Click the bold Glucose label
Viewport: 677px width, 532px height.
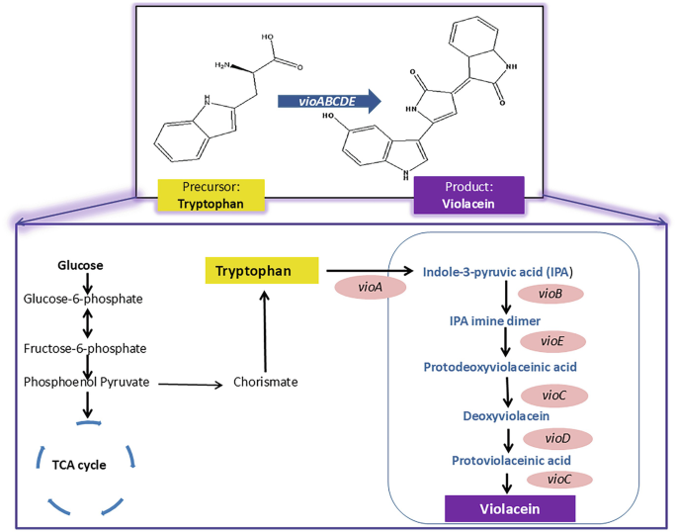[x=80, y=266]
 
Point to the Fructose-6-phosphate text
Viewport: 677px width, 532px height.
[x=86, y=348]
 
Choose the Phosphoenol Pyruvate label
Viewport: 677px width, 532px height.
[x=86, y=381]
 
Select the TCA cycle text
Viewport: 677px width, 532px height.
[x=80, y=463]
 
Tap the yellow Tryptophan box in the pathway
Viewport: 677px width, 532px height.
[x=261, y=269]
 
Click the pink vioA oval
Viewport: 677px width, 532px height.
[x=363, y=287]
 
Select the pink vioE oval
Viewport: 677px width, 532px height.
[x=550, y=340]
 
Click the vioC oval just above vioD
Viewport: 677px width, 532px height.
[x=553, y=394]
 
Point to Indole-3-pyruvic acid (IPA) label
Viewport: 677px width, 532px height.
[x=498, y=270]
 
